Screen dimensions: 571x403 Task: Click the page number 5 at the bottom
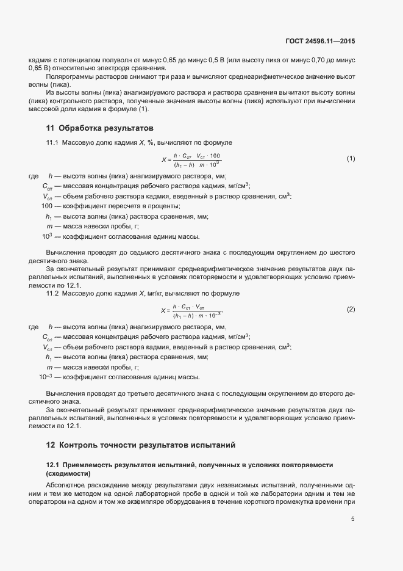coord(352,520)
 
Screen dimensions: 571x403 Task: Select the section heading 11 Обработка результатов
coord(99,128)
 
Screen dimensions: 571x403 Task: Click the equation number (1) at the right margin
coord(351,159)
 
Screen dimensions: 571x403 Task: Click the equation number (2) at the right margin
coord(351,309)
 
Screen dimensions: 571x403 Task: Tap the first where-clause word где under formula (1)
coord(34,176)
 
